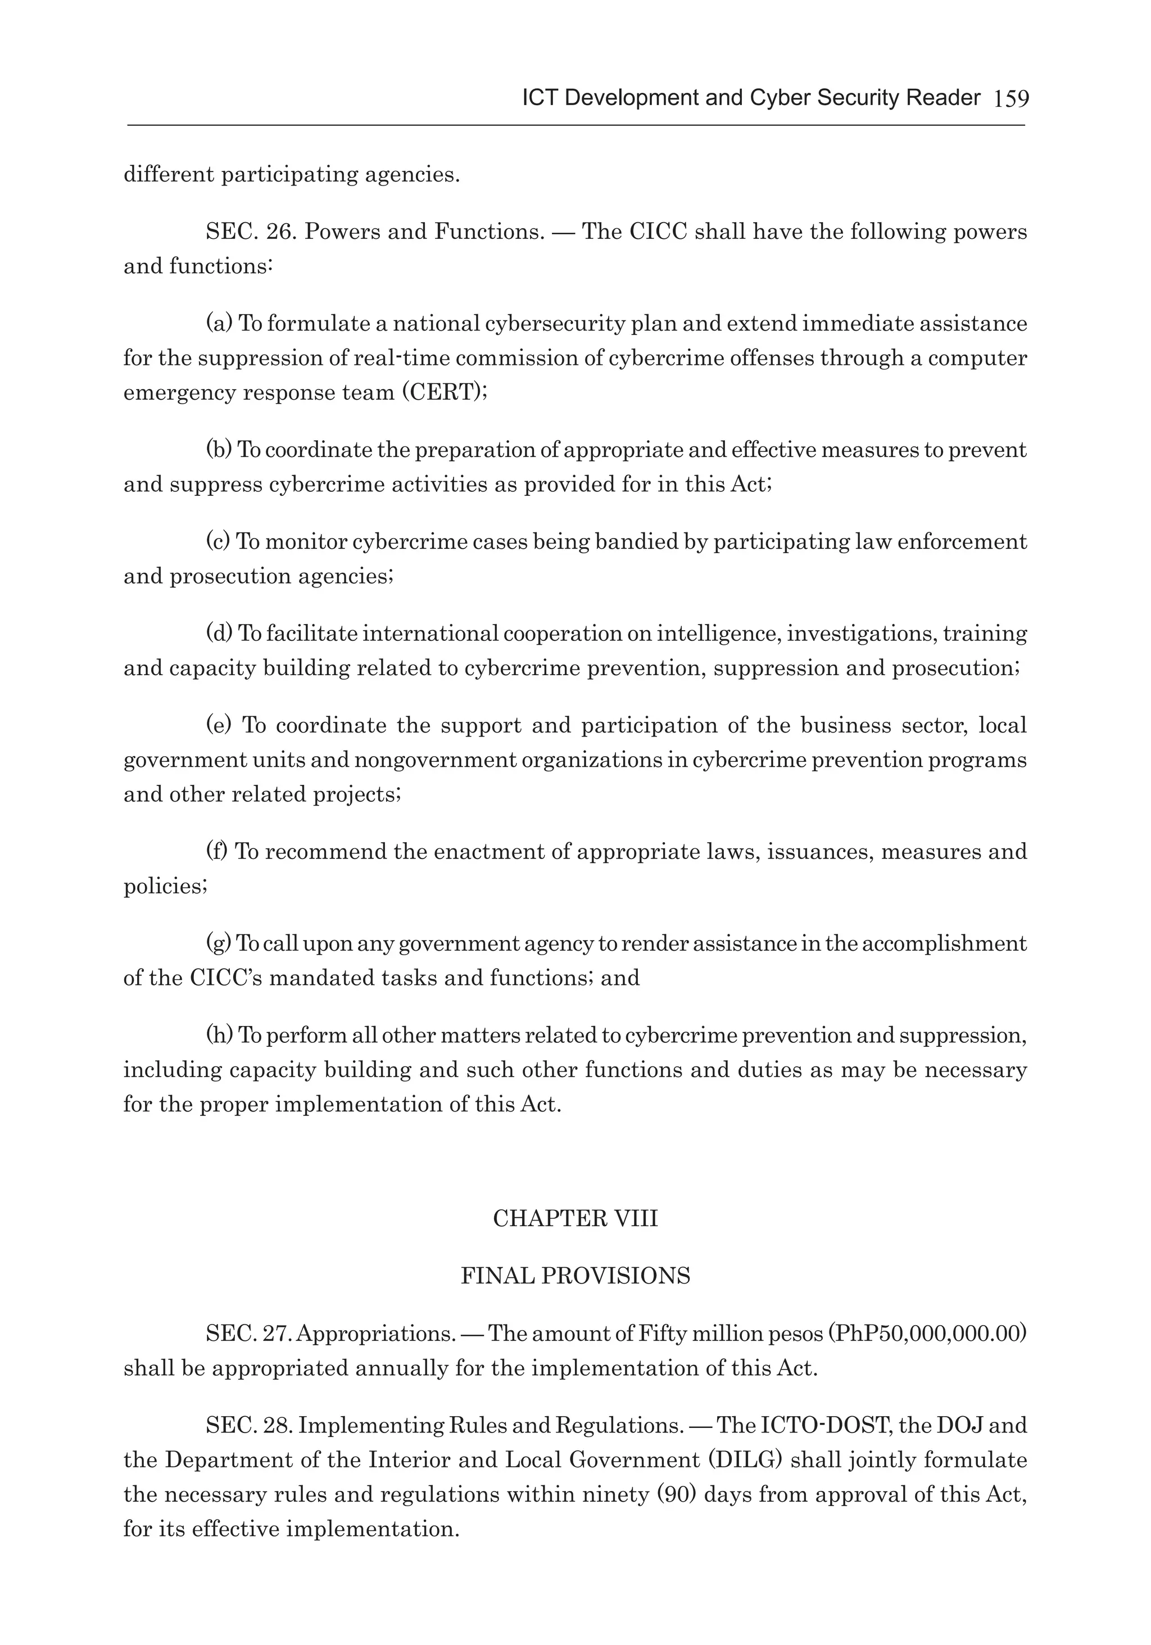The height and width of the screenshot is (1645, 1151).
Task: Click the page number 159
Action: (1010, 99)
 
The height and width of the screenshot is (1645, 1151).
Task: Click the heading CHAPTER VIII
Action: (575, 1219)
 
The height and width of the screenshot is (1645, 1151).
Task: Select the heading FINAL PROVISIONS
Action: (575, 1276)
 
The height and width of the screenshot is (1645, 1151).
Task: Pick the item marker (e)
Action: (219, 725)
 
